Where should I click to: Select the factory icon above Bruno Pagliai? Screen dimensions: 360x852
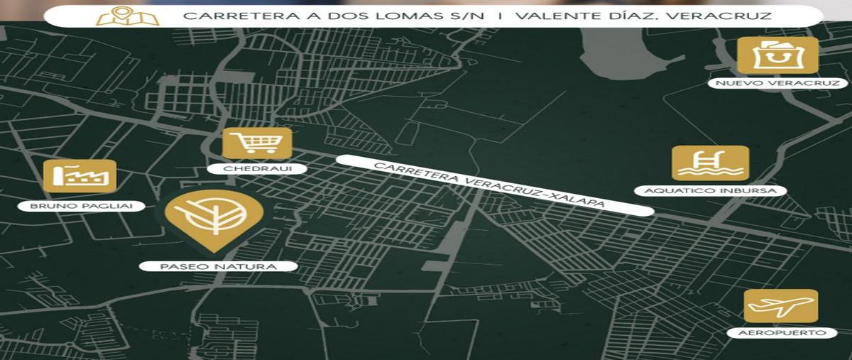click(x=80, y=176)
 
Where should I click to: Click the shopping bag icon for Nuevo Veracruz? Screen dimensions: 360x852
click(x=777, y=55)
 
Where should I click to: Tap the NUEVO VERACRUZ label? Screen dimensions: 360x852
click(x=778, y=84)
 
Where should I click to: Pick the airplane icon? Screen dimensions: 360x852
click(x=780, y=306)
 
